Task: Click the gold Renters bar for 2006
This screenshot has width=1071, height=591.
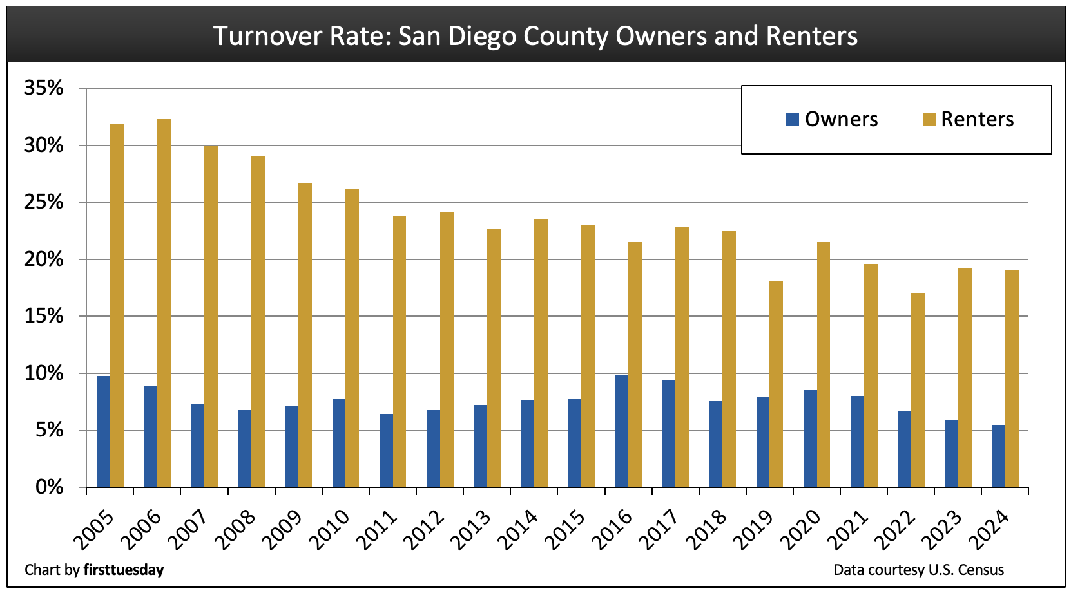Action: (164, 303)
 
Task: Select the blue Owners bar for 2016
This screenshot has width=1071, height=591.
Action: (621, 431)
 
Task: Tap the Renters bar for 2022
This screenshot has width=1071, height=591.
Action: (918, 389)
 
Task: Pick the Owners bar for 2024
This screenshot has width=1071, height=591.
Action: (998, 456)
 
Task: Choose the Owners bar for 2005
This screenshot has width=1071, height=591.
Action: (103, 431)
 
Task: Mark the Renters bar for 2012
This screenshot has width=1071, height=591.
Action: (447, 349)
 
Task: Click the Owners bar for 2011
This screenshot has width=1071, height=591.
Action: (386, 450)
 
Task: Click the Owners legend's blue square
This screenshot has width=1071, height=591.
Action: (793, 119)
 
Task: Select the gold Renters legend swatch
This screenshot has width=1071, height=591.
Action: (929, 119)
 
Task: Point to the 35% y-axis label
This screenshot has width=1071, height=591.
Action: (44, 88)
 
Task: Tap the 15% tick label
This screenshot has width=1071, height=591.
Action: (44, 316)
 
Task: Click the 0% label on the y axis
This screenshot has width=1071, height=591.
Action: (49, 487)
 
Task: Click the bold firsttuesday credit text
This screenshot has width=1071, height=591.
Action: (124, 570)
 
